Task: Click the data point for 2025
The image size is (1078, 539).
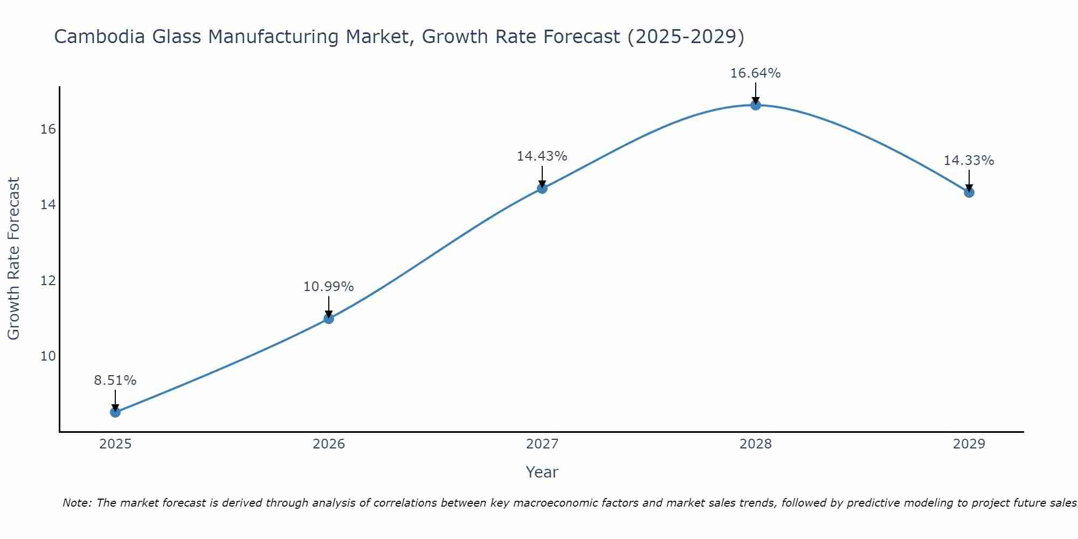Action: [x=115, y=412]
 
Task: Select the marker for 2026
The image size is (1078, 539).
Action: [x=329, y=319]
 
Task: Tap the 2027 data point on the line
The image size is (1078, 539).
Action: [x=542, y=188]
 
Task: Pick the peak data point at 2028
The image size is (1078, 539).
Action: [x=756, y=105]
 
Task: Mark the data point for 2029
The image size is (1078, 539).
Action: [x=969, y=192]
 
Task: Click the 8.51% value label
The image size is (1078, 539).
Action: [x=115, y=381]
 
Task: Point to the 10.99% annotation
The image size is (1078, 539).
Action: [x=329, y=287]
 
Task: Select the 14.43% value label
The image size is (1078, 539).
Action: [x=542, y=156]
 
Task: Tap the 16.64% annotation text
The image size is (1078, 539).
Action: [x=756, y=73]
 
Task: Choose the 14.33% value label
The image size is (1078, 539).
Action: [x=969, y=161]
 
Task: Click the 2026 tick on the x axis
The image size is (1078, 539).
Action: [x=329, y=444]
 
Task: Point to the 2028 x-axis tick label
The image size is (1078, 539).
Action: [x=756, y=444]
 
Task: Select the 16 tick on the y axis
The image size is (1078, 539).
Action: [x=49, y=129]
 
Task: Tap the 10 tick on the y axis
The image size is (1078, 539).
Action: [x=49, y=356]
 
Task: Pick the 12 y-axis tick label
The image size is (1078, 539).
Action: [x=49, y=281]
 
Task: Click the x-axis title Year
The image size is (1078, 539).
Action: [x=542, y=472]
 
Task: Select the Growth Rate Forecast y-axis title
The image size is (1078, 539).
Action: [x=14, y=259]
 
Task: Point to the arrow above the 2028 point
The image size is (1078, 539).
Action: [x=756, y=93]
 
